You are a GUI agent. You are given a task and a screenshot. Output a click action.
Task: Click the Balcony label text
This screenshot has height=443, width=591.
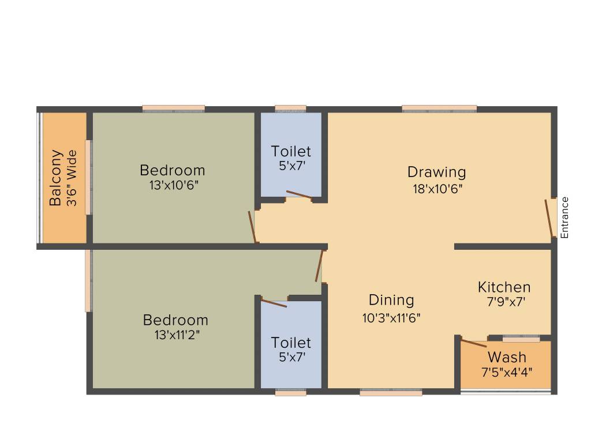tap(55, 178)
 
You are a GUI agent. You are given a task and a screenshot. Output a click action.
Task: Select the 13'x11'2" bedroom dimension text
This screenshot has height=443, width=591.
tap(175, 334)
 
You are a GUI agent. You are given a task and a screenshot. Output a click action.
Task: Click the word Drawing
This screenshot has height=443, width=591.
tap(436, 172)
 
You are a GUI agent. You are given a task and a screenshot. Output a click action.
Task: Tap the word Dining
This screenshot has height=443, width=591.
tap(391, 300)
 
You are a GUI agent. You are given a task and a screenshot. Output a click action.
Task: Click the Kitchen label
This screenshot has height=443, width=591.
tap(504, 287)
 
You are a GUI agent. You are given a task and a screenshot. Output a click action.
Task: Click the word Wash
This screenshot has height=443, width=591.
tap(506, 356)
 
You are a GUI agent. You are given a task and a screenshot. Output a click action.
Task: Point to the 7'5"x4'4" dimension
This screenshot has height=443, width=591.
tap(507, 371)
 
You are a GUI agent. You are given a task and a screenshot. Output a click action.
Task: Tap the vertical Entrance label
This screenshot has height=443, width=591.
tap(565, 217)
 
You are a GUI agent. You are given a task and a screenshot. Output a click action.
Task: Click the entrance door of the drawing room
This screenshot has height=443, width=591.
tap(549, 218)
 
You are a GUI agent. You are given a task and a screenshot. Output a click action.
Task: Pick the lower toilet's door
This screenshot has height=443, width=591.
tap(274, 302)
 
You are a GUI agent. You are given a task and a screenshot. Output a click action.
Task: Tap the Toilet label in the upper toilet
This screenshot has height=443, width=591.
tap(291, 151)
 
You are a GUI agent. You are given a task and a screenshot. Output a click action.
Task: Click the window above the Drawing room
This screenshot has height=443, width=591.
tap(439, 108)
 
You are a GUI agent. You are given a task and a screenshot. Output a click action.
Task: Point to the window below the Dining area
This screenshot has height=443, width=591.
tap(391, 393)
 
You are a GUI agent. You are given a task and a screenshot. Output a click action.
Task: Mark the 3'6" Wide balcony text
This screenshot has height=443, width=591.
tap(72, 178)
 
